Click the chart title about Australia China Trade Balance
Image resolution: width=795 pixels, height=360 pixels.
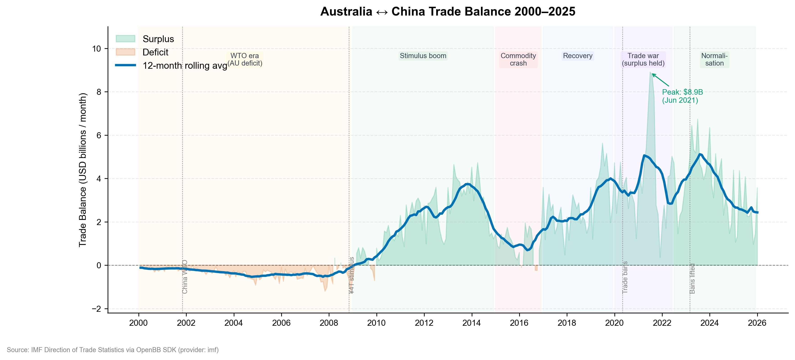448,12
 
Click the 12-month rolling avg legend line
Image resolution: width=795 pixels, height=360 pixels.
125,65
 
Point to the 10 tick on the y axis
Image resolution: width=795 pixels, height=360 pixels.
97,49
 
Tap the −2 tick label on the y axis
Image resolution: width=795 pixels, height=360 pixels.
97,309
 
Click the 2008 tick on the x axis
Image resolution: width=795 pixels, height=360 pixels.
329,323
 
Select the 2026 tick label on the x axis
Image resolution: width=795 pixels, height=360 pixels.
757,323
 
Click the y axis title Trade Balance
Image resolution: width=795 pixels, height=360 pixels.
82,170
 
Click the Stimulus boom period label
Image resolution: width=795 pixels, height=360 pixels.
423,56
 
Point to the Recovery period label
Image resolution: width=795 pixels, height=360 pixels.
578,56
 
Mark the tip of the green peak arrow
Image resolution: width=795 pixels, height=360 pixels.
652,74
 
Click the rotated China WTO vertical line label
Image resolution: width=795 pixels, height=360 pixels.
185,277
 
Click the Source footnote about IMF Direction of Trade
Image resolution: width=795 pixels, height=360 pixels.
113,350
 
